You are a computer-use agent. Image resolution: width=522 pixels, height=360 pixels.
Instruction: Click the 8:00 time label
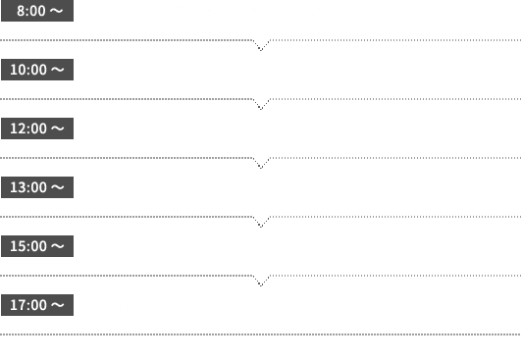pos(37,11)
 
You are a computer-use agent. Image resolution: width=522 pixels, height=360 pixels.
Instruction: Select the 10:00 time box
pos(37,70)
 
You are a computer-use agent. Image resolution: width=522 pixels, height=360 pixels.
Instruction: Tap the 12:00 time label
pos(37,129)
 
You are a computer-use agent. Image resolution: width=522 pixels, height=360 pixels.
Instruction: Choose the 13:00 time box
pos(37,187)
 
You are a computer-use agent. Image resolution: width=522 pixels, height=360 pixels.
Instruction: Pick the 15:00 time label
pos(37,246)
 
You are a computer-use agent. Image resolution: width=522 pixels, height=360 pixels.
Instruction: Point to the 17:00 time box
pos(37,305)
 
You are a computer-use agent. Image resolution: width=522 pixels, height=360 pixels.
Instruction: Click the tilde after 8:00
pos(56,11)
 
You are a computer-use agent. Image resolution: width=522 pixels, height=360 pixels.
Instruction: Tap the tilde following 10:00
pos(58,70)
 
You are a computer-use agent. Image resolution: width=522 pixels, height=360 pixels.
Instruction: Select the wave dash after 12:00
pos(58,129)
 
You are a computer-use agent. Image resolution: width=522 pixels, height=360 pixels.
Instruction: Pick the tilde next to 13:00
pos(58,187)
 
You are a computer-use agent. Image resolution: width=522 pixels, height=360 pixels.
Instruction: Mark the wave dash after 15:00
pos(58,246)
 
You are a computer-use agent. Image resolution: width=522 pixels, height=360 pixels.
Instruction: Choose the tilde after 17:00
pos(58,305)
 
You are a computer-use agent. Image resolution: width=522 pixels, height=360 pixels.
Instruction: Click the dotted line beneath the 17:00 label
pos(260,334)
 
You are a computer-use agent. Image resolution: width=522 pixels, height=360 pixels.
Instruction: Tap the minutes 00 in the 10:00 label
pos(37,70)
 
